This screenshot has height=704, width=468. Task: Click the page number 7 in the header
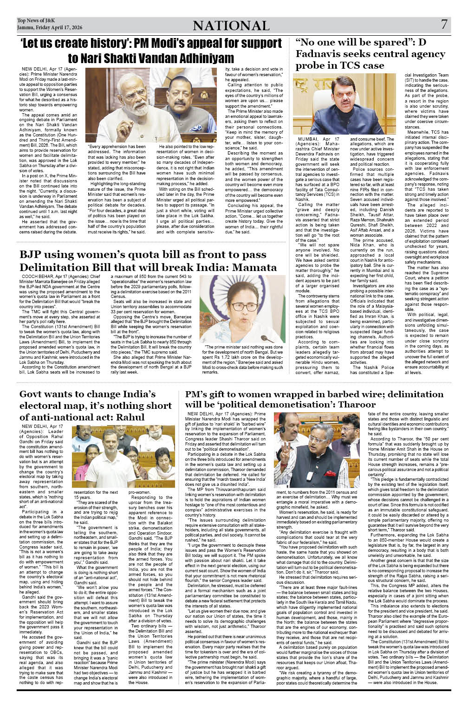pos(444,24)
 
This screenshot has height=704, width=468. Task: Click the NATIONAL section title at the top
pos(231,26)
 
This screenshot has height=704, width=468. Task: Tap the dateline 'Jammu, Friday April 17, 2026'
pos(50,27)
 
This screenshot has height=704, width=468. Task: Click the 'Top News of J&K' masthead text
pos(36,20)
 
